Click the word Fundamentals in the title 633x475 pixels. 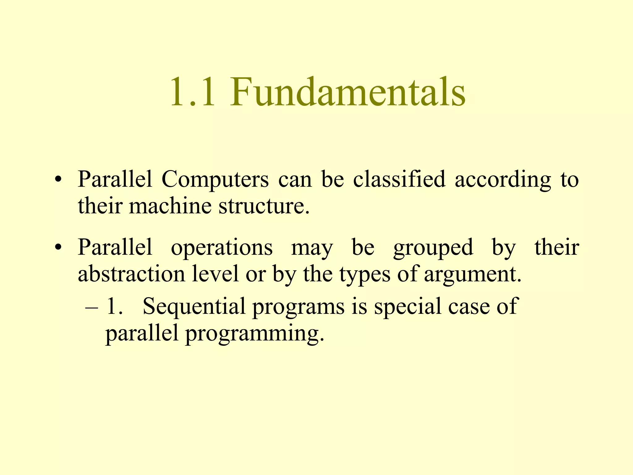pos(347,92)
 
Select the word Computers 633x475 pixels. pos(215,179)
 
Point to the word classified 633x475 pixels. pos(399,179)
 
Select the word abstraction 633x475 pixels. pos(131,274)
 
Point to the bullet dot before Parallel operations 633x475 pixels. pos(57,248)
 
